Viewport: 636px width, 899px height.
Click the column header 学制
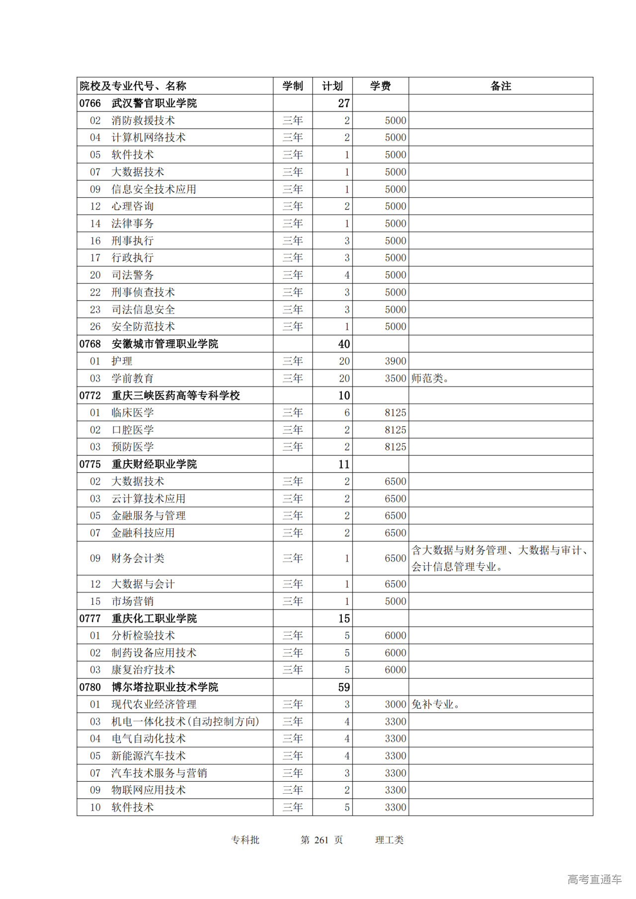tap(293, 86)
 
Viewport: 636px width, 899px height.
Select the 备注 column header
tap(500, 86)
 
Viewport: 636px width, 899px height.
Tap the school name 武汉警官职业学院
tap(154, 103)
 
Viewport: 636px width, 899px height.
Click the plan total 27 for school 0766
tap(344, 103)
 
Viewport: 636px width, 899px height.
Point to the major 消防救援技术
tap(143, 121)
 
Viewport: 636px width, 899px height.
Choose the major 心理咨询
tap(133, 206)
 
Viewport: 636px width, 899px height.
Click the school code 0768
tap(90, 344)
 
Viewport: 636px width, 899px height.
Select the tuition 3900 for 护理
tap(396, 361)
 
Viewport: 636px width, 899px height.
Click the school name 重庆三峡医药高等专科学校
tap(176, 395)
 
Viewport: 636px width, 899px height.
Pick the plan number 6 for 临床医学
tap(347, 413)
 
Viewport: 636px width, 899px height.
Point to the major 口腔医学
tap(133, 430)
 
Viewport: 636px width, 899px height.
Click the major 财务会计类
tap(138, 558)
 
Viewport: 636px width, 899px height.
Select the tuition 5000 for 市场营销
tap(396, 601)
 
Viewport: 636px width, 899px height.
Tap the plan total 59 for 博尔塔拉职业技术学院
tap(344, 687)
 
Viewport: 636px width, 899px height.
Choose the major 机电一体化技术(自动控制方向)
tap(185, 722)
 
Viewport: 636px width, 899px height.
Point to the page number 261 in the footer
tap(321, 840)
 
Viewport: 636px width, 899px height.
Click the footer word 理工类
tap(389, 840)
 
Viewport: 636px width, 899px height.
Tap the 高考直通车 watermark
tap(594, 879)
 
